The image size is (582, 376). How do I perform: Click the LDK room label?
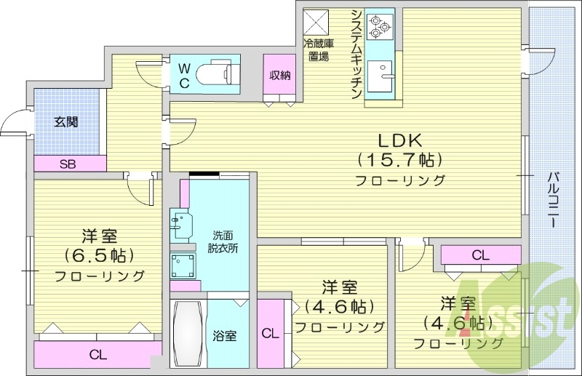[x=399, y=140]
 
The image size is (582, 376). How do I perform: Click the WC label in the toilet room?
[x=185, y=76]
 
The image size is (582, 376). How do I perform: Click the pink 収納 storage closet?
[x=280, y=76]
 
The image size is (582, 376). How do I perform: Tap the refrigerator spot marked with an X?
[x=316, y=20]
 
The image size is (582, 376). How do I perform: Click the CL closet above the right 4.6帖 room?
[x=479, y=255]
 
